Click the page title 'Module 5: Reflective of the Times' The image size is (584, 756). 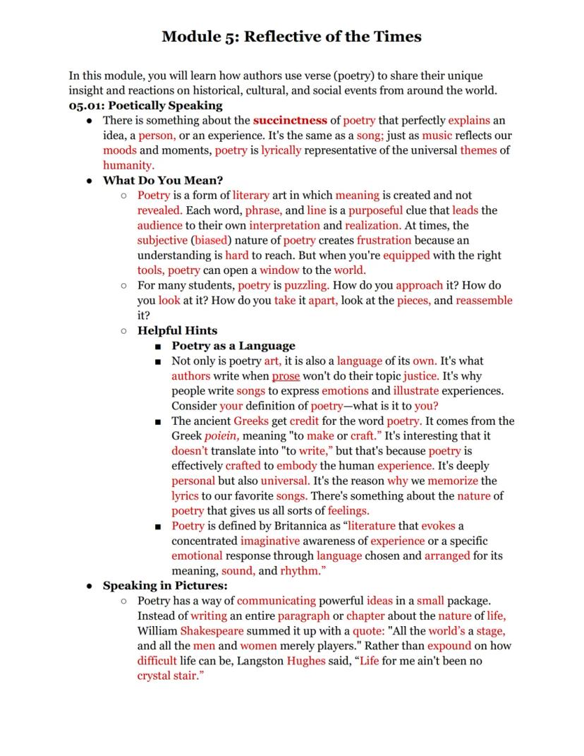point(291,36)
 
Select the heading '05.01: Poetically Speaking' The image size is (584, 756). point(145,105)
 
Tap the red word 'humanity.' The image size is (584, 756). point(128,165)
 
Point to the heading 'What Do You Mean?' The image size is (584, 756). point(163,180)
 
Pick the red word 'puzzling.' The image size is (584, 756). point(307,285)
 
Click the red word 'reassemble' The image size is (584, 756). point(484,300)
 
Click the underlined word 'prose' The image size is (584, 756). point(286,376)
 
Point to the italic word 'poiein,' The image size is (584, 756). point(221,436)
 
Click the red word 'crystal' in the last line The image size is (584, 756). point(155,676)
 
